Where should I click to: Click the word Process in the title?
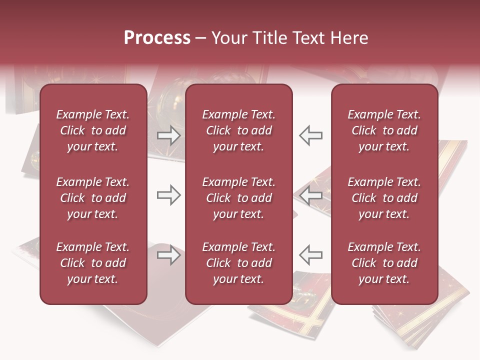tap(157, 38)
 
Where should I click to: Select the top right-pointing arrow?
tap(168, 135)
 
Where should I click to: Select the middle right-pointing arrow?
tap(168, 195)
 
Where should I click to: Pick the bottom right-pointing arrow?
tap(168, 255)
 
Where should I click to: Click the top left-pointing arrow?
tap(311, 135)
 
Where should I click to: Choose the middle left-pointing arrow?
tap(311, 195)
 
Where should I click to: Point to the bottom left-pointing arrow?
tap(311, 255)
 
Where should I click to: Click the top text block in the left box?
tap(93, 130)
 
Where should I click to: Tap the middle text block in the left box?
tap(93, 198)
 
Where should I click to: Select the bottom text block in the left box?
tap(93, 263)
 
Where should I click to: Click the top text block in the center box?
tap(239, 130)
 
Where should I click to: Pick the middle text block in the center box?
tap(239, 198)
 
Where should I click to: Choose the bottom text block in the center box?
tap(239, 263)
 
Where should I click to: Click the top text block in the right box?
tap(384, 130)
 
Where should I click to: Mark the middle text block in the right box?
tap(384, 198)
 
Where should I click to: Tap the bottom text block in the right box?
tap(384, 263)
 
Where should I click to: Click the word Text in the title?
tap(306, 38)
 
